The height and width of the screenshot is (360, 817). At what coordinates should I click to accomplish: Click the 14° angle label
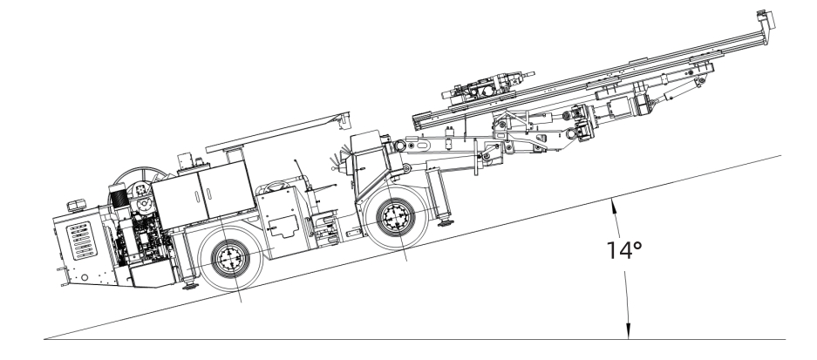click(x=624, y=250)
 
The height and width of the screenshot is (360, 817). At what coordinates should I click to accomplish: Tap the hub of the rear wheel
click(x=230, y=258)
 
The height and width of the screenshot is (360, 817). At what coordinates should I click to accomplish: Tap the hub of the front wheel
click(x=396, y=217)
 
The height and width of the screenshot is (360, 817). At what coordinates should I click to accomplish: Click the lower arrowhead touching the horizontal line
click(x=628, y=331)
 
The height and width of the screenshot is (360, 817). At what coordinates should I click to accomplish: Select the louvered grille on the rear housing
click(x=81, y=241)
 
